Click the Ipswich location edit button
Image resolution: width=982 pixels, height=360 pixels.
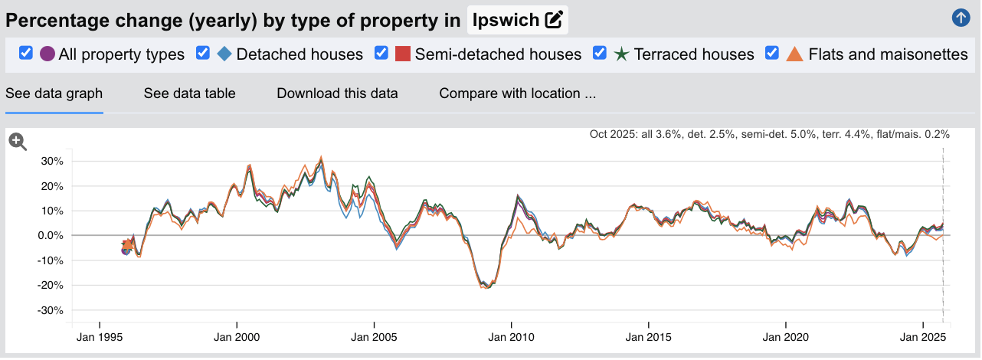(x=553, y=20)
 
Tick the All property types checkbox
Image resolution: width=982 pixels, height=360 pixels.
(x=26, y=53)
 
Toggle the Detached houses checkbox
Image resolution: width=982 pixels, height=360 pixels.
(x=203, y=53)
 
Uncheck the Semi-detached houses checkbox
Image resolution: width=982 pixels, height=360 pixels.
(x=381, y=53)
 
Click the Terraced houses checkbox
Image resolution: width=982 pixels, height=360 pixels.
(x=601, y=53)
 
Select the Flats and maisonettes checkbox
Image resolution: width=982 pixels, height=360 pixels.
(x=773, y=53)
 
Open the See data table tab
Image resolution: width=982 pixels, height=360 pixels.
(x=189, y=93)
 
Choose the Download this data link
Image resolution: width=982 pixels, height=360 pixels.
(x=337, y=93)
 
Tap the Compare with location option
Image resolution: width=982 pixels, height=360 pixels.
(x=517, y=93)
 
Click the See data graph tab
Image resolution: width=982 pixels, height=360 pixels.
(x=54, y=93)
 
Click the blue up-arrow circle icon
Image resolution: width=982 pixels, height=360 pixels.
(x=961, y=18)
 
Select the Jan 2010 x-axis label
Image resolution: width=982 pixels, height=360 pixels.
(x=511, y=337)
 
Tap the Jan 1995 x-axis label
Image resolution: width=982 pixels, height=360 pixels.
(x=99, y=337)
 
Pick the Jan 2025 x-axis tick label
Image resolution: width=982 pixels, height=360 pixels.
(x=922, y=337)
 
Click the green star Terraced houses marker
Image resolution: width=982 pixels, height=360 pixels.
(x=621, y=54)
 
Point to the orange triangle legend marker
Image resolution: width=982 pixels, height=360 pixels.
(x=794, y=54)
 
